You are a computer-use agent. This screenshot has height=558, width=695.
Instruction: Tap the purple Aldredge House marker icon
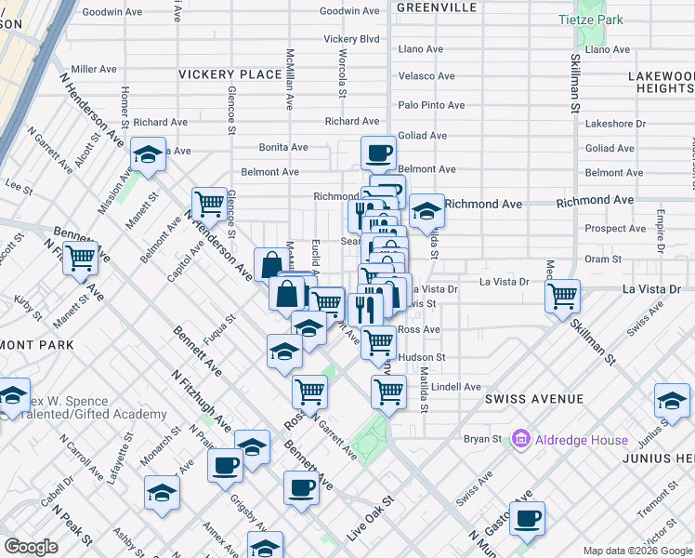[519, 438]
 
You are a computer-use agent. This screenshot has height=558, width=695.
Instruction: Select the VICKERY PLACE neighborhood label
[229, 74]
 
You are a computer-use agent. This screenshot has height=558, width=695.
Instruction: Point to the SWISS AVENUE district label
[533, 399]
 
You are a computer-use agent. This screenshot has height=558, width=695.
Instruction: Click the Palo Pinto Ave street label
[431, 105]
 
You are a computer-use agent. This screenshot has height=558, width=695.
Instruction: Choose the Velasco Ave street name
[426, 76]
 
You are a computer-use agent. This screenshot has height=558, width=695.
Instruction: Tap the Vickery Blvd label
[351, 39]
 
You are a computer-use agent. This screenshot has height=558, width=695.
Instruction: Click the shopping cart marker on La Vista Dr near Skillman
[562, 297]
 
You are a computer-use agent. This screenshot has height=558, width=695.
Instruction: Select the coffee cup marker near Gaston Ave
[527, 518]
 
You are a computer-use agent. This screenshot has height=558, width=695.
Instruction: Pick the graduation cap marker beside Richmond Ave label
[426, 210]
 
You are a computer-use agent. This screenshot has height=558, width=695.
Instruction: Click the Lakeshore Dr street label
[615, 123]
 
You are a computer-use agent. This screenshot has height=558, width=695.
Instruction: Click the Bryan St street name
[483, 438]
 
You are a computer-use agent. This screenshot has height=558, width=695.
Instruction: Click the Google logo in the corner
[31, 547]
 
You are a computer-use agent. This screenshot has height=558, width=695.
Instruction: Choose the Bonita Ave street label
[283, 147]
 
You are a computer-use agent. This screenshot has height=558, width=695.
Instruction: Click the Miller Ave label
[93, 69]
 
